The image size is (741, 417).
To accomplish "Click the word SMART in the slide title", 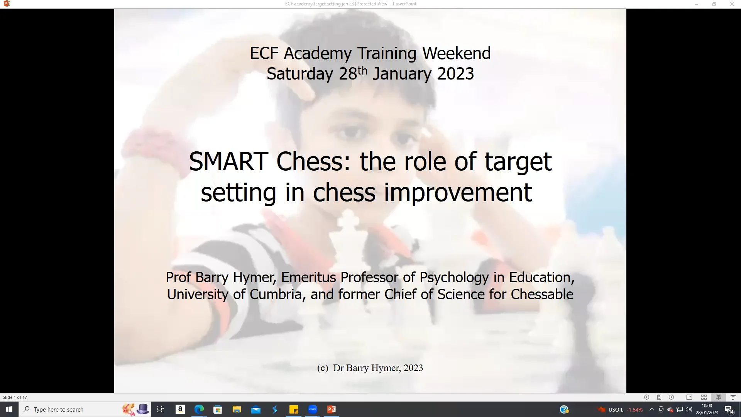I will [228, 161].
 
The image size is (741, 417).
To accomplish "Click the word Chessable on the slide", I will [542, 294].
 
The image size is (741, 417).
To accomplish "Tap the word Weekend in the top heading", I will [456, 53].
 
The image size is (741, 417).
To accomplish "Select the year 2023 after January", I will [455, 74].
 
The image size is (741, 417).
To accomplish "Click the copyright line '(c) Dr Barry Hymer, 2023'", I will [370, 368].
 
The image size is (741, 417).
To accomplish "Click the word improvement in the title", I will [458, 192].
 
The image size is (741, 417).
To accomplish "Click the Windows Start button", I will [9, 409].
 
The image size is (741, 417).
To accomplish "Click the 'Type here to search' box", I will [73, 409].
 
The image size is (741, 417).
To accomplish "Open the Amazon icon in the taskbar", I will [180, 409].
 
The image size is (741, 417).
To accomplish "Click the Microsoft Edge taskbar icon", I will [199, 409].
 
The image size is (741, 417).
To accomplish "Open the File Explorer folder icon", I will [237, 409].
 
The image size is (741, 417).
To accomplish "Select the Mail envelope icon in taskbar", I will [255, 409].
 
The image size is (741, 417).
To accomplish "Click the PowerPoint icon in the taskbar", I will [331, 409].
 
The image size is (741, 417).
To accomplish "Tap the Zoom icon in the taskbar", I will [312, 409].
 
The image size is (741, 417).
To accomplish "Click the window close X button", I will [732, 4].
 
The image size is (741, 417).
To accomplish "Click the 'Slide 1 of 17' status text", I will [15, 397].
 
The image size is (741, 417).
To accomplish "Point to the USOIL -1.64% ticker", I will [625, 410].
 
